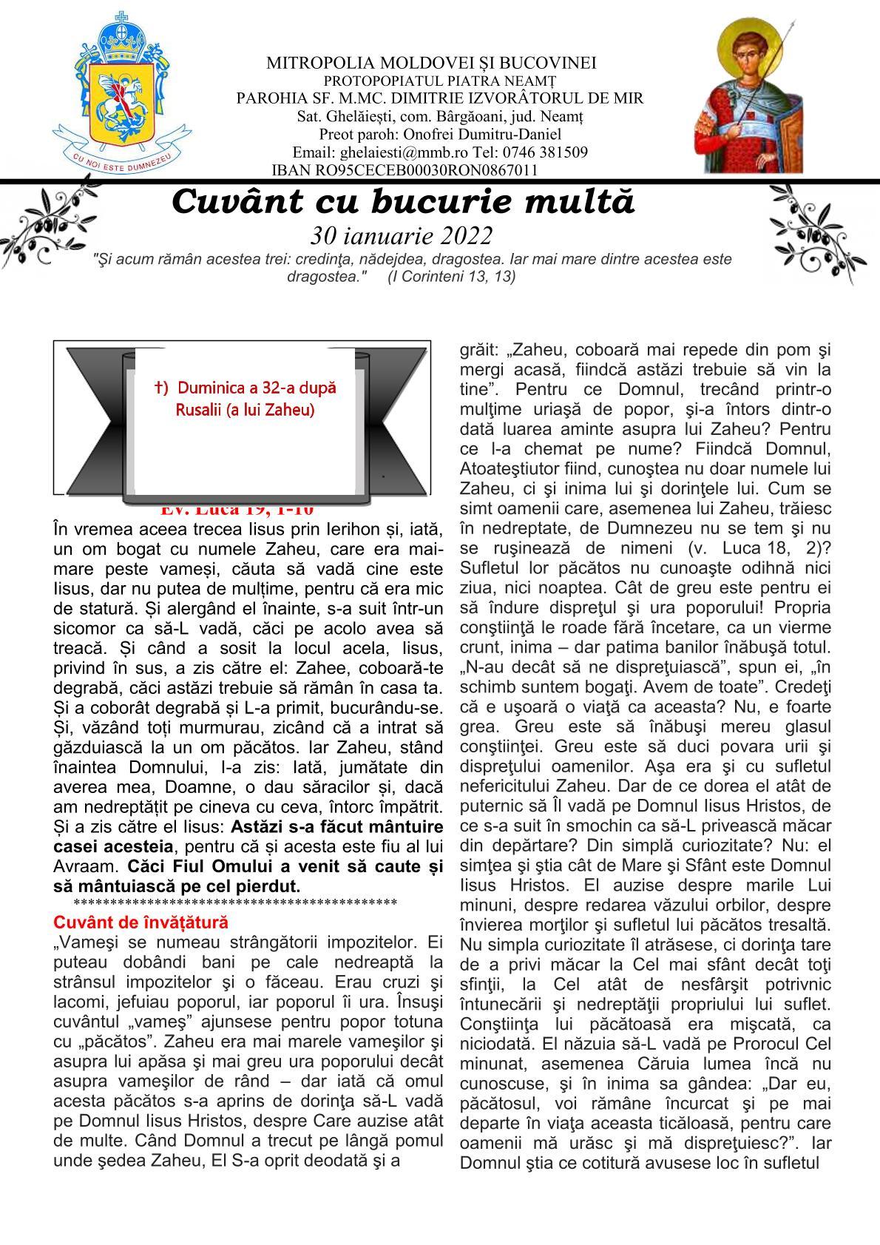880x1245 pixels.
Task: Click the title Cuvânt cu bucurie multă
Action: pyautogui.click(x=403, y=201)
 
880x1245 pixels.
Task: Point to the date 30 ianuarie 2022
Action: pyautogui.click(x=402, y=235)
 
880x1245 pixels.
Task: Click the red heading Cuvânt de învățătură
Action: pyautogui.click(x=141, y=922)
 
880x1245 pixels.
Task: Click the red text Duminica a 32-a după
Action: pyautogui.click(x=246, y=388)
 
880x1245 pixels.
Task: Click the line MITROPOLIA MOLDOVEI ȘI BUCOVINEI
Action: pyautogui.click(x=431, y=64)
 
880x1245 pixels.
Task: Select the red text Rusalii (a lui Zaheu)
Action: pyautogui.click(x=245, y=409)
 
